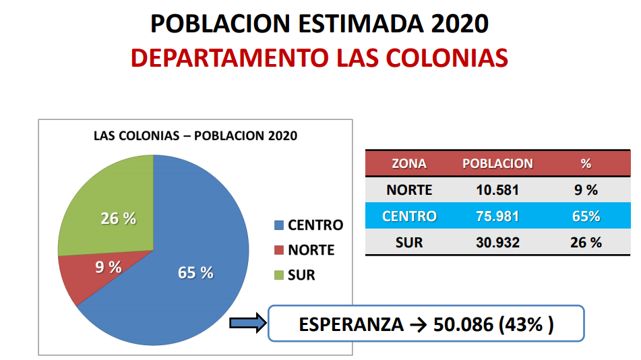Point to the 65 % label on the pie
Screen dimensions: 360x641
click(195, 273)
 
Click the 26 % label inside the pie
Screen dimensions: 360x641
click(118, 218)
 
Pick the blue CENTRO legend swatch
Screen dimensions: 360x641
click(279, 225)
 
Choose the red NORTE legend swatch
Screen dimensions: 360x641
click(279, 250)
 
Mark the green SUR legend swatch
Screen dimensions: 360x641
click(279, 275)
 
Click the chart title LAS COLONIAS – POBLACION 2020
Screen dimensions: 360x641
click(195, 136)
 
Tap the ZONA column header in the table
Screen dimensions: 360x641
click(409, 164)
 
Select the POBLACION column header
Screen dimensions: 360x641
click(497, 164)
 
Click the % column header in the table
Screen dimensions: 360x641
click(585, 164)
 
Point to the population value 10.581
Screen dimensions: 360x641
click(497, 190)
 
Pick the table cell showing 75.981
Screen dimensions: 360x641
click(497, 216)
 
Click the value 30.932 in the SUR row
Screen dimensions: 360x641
click(497, 243)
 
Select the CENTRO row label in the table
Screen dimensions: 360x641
click(409, 216)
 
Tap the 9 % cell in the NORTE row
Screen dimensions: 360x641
click(585, 190)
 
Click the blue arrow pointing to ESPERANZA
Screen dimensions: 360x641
click(247, 324)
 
